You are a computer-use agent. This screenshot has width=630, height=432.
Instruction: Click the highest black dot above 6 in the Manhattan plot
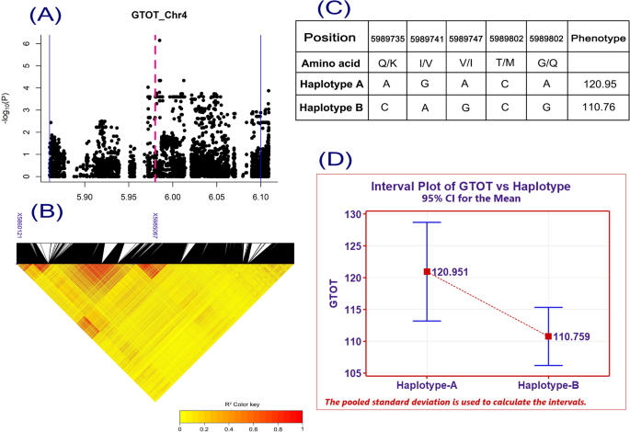click(x=159, y=40)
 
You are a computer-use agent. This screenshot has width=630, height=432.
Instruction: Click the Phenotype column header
click(x=595, y=39)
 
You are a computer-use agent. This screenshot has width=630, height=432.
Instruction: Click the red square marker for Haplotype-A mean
click(x=427, y=271)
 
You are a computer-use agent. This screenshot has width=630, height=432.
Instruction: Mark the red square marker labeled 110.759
click(x=548, y=336)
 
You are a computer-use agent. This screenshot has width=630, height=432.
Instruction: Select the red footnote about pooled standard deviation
click(x=469, y=402)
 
